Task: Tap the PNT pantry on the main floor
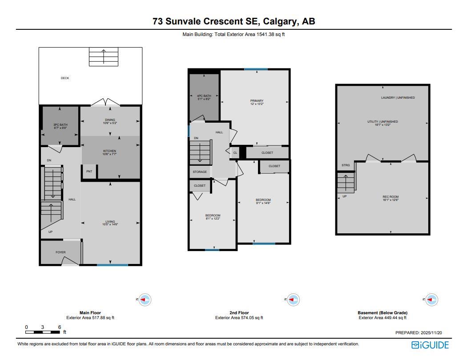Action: click(89, 172)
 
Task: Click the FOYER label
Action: click(60, 252)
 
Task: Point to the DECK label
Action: click(65, 78)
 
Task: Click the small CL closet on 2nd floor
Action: click(235, 153)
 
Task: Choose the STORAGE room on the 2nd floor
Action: click(200, 172)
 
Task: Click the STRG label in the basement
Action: click(346, 165)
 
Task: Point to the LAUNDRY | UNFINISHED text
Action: click(398, 98)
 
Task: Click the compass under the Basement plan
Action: click(431, 300)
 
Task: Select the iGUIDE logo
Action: click(430, 345)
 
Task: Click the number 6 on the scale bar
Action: click(60, 327)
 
